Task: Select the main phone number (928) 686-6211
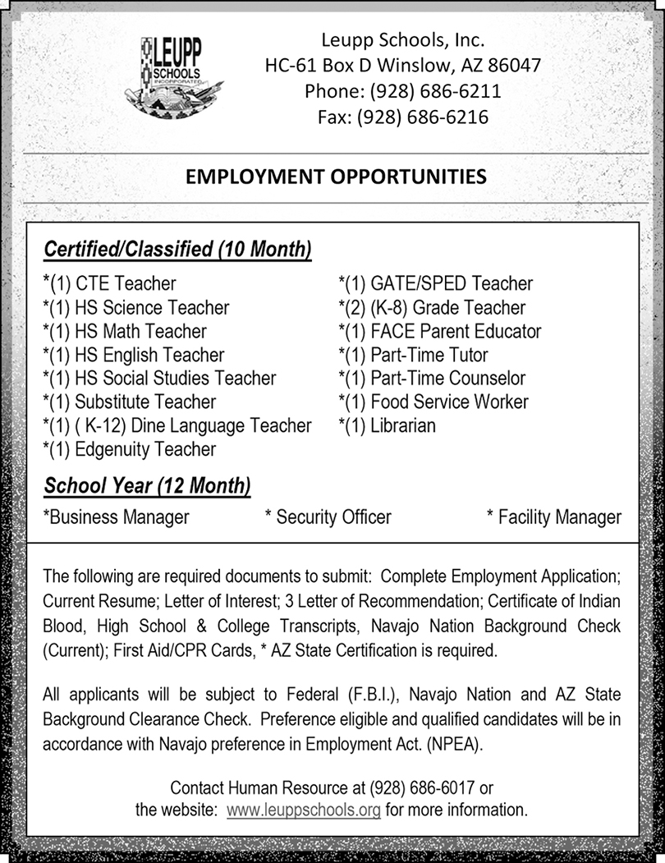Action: (436, 91)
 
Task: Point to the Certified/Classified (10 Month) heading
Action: (177, 249)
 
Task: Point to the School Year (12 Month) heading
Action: (147, 485)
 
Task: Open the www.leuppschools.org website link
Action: (303, 810)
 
